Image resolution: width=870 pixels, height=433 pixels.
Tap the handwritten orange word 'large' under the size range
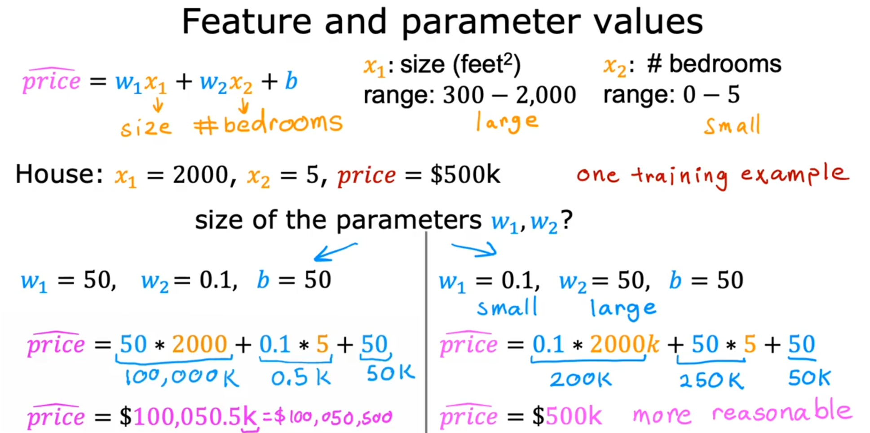[507, 122]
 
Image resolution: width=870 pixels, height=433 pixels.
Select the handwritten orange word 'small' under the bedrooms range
[732, 124]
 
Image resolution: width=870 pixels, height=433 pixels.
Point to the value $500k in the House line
[464, 174]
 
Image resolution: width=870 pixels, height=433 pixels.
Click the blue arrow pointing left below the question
[335, 252]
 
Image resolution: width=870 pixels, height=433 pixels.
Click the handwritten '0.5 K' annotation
[300, 378]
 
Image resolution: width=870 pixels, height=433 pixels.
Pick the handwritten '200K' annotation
[580, 379]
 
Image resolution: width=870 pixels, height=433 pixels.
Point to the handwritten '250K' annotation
[711, 380]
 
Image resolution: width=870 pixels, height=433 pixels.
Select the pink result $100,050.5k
[195, 417]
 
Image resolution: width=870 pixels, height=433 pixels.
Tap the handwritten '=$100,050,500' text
[327, 417]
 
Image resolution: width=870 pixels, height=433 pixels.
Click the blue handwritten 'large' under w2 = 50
[623, 309]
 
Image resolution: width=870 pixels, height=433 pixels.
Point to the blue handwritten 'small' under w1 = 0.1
[507, 308]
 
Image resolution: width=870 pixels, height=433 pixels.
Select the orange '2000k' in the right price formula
[624, 344]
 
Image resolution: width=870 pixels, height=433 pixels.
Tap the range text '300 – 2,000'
[509, 95]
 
